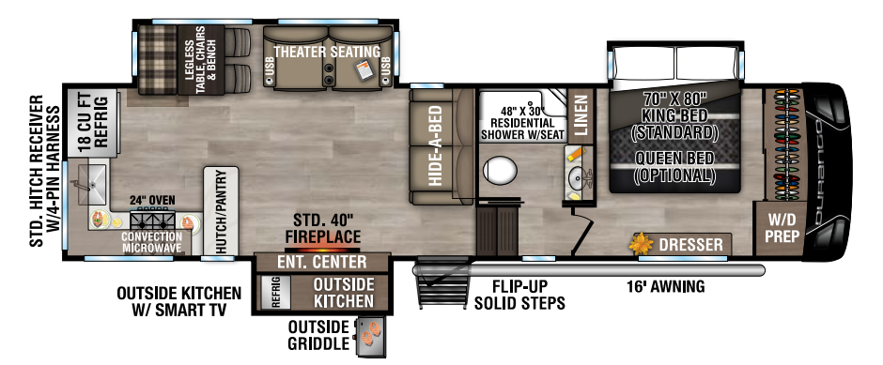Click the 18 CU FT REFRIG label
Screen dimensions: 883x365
click(x=93, y=122)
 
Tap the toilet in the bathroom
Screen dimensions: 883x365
click(x=500, y=171)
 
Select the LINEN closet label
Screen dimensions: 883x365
click(x=581, y=115)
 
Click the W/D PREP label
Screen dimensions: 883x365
click(x=782, y=228)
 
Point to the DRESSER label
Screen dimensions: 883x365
click(x=690, y=245)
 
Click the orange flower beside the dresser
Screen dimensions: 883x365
click(x=641, y=244)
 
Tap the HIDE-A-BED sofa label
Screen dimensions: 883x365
click(x=435, y=146)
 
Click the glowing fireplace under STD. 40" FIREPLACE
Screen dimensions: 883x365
click(x=322, y=250)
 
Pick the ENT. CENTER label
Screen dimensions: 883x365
click(x=322, y=262)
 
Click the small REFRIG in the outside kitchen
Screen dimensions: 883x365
click(x=276, y=293)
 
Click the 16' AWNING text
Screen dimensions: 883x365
click(x=666, y=287)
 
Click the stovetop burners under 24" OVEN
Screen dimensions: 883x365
click(x=152, y=219)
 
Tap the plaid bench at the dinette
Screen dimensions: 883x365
click(x=158, y=59)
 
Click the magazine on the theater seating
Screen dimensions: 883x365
click(x=366, y=69)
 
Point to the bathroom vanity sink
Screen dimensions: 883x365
click(x=578, y=179)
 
